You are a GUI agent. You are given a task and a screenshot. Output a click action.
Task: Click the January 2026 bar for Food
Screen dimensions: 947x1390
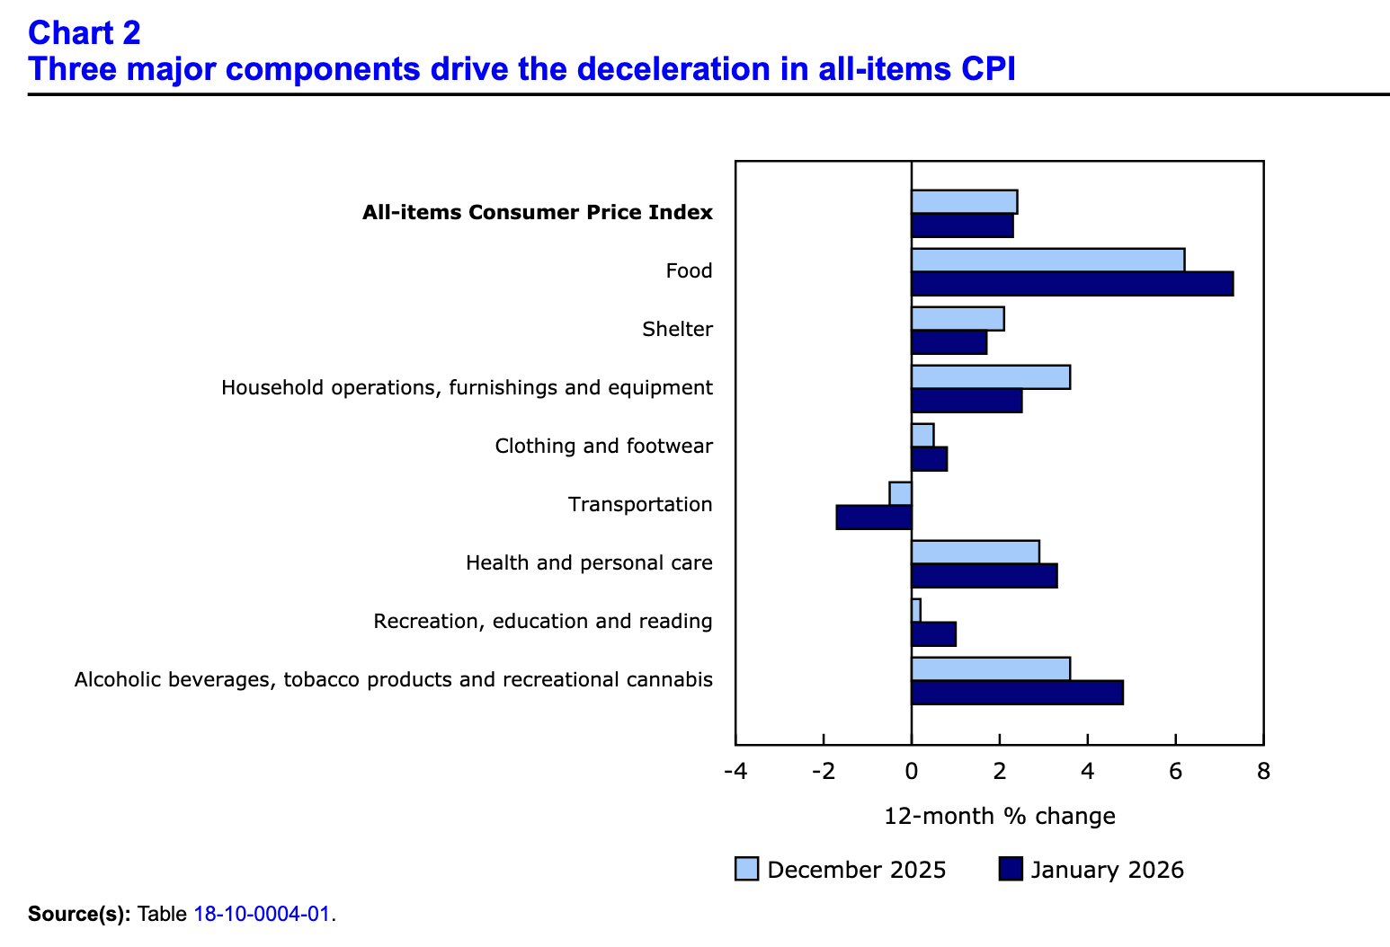[1072, 284]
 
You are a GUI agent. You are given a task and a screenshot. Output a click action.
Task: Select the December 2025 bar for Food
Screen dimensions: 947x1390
[1047, 260]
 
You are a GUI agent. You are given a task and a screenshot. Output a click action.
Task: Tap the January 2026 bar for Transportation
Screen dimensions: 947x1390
[874, 518]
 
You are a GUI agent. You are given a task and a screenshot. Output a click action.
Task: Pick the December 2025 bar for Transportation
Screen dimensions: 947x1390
[901, 493]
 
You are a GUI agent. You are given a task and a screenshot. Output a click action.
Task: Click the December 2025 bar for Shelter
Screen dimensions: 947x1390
[958, 318]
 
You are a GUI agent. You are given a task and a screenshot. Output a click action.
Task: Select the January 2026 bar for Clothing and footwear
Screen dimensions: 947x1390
[929, 459]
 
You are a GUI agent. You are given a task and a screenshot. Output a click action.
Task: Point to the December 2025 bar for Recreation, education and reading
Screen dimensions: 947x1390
[916, 610]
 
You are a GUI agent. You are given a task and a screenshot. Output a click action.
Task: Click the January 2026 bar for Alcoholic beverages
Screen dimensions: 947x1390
[1017, 693]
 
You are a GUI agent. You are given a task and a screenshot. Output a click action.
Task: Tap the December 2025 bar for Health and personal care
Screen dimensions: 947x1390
[976, 552]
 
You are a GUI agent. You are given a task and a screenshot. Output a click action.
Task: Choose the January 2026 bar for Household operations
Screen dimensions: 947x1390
[967, 401]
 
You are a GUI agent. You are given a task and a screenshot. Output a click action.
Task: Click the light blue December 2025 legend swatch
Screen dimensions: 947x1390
[746, 870]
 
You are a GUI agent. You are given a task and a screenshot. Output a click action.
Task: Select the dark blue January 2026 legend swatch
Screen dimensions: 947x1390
[1011, 870]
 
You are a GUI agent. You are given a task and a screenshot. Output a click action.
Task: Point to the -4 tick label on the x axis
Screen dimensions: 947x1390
[735, 772]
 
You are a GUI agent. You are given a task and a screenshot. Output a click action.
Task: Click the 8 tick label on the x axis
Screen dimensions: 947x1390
[1263, 772]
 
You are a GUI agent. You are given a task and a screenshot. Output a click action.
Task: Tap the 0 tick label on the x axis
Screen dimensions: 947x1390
[912, 772]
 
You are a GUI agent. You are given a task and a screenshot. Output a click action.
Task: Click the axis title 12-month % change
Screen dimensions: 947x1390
[1000, 817]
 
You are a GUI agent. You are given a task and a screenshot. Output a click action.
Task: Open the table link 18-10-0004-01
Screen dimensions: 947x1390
[263, 916]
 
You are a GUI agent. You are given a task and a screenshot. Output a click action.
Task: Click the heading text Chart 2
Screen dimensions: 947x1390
[85, 33]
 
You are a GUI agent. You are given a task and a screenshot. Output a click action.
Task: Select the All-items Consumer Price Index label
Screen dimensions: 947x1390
[537, 213]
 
